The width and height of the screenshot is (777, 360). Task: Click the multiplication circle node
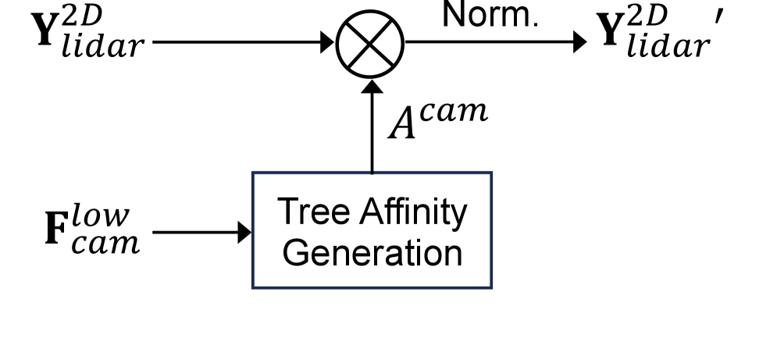(x=370, y=43)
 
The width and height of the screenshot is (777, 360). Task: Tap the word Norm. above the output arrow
(x=490, y=15)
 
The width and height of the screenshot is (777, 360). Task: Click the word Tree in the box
(x=309, y=212)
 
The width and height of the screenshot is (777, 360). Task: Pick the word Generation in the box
(x=372, y=252)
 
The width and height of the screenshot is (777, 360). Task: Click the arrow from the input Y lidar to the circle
(x=242, y=42)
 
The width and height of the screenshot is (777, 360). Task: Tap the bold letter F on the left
(x=56, y=233)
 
